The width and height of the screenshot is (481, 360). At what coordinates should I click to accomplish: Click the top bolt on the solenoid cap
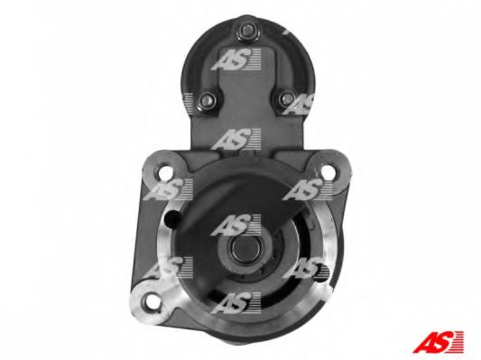coord(247,31)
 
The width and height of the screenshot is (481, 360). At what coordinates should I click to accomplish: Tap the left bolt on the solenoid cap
coord(207,99)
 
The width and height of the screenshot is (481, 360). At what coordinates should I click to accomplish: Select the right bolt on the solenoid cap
coord(288,98)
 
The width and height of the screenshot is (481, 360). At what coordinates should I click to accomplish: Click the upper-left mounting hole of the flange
coord(166,173)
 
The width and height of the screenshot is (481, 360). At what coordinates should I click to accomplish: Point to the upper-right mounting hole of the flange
coord(328,172)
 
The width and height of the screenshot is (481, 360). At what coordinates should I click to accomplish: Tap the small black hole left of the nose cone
coord(172,217)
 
